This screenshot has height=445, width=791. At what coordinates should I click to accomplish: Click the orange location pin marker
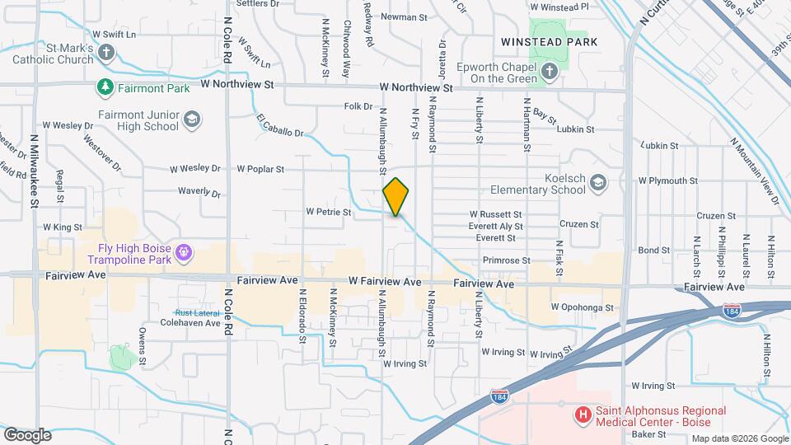click(395, 196)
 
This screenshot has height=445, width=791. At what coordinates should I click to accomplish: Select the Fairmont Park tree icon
click(105, 87)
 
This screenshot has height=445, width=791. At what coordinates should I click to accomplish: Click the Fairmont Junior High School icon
click(192, 120)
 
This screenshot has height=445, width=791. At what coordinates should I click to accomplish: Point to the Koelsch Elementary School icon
click(598, 183)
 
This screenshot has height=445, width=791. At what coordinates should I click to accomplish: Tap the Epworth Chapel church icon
click(550, 72)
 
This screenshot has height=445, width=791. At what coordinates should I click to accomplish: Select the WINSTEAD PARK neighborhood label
click(548, 41)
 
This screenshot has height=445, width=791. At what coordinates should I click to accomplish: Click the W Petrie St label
click(329, 212)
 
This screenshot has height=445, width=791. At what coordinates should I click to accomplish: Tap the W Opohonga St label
click(583, 307)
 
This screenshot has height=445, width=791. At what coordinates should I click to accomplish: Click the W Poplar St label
click(260, 169)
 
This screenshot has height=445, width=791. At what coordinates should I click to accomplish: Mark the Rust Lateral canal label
click(195, 313)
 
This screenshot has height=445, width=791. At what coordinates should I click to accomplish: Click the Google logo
click(27, 434)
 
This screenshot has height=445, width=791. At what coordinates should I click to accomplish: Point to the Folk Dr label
click(358, 106)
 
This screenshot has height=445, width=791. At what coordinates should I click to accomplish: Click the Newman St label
click(404, 16)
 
